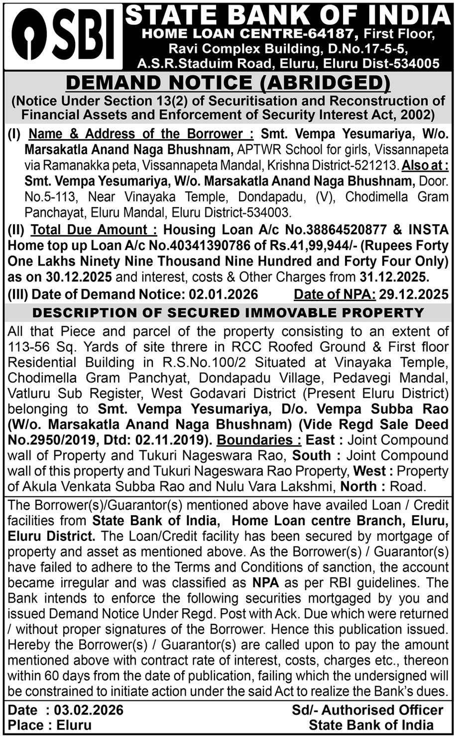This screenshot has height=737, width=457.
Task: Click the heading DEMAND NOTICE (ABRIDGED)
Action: tap(228, 83)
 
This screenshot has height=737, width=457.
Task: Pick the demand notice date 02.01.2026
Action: tap(223, 294)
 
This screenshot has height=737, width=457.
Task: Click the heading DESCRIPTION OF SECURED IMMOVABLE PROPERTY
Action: tap(228, 313)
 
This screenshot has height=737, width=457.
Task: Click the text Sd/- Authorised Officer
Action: tap(367, 710)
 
